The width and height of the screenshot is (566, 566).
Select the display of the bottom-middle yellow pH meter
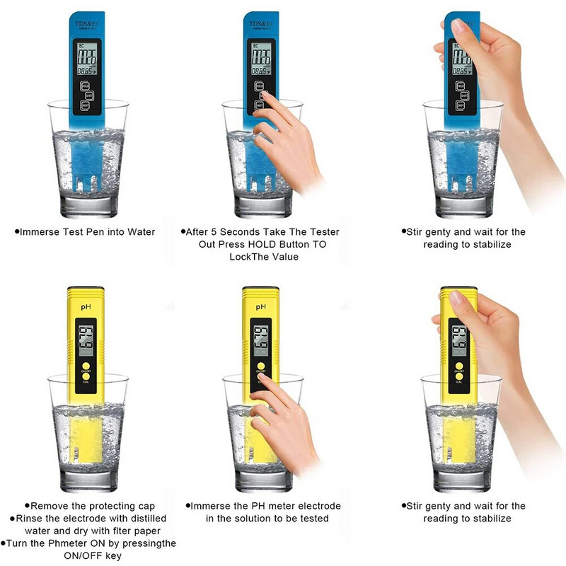click(x=260, y=339)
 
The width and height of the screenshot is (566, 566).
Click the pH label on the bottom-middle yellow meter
click(x=261, y=308)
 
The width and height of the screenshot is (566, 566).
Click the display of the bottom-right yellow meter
click(x=458, y=339)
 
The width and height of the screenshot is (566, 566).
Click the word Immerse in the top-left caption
click(x=42, y=232)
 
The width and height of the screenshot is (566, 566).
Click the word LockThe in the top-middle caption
click(x=248, y=257)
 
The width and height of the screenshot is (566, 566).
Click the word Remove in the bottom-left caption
click(x=50, y=506)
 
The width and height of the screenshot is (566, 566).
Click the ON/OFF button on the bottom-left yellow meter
click(x=85, y=363)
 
